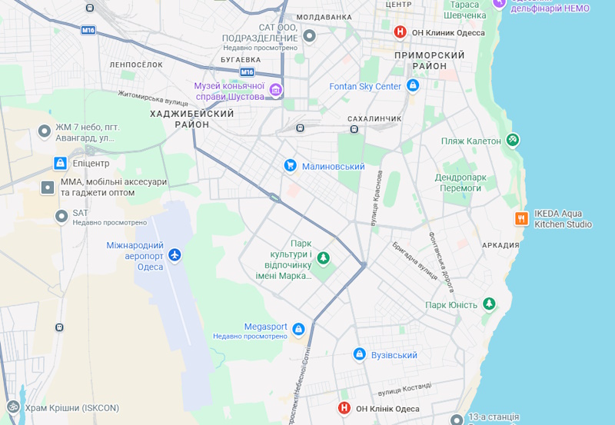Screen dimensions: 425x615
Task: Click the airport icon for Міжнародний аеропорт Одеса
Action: coord(175,254)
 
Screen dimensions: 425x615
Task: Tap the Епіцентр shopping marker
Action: coord(60,163)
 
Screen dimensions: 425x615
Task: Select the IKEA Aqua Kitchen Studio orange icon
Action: coord(521,218)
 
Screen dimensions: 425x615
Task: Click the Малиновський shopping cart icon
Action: coord(291,165)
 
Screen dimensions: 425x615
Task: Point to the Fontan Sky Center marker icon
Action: coord(413,86)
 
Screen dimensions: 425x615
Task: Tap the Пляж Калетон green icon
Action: coord(513,140)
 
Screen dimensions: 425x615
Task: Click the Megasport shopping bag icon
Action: coord(298,330)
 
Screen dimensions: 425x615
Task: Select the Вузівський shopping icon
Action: coord(359,354)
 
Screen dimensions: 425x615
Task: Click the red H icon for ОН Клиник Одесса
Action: coord(400,32)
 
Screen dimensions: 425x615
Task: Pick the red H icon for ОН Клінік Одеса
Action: coord(344,408)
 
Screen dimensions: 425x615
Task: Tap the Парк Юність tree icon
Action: coord(489,304)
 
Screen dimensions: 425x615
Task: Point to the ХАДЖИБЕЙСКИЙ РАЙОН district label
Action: coord(192,118)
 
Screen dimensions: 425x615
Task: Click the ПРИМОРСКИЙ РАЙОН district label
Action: coord(429,61)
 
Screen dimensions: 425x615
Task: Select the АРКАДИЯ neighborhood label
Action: coord(500,245)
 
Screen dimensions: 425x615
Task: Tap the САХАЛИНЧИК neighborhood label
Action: coord(375,118)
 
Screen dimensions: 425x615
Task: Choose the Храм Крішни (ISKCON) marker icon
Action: coord(12,407)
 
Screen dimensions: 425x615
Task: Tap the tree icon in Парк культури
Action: coord(324,257)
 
